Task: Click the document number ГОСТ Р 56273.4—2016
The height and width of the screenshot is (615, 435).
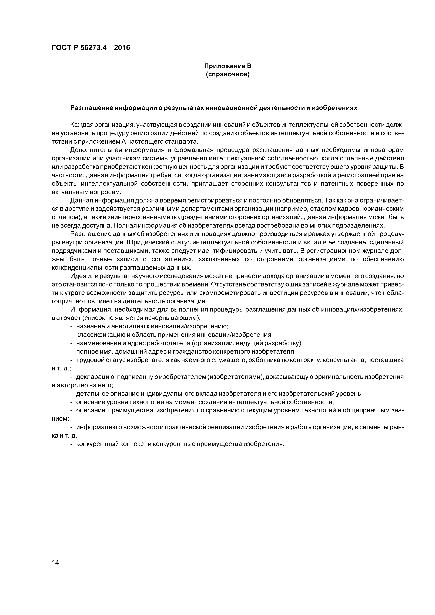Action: coord(91,48)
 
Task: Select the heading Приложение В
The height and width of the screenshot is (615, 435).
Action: coord(228,66)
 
